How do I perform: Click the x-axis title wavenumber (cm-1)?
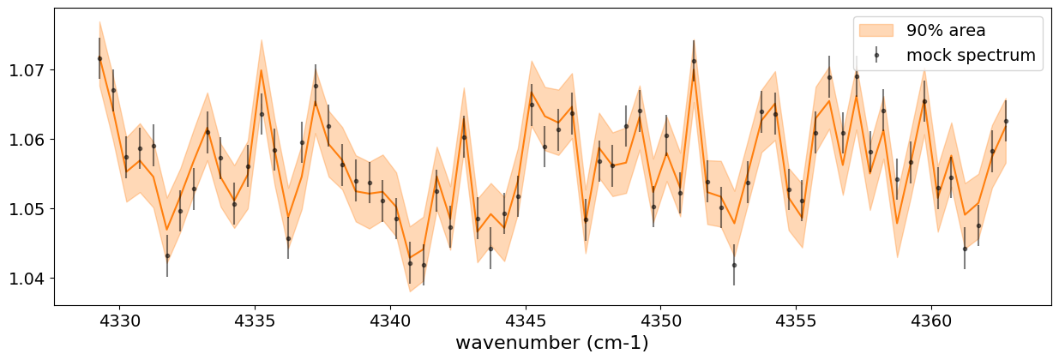pos(551,343)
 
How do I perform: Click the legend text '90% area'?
pos(946,31)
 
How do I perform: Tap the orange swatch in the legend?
pos(875,31)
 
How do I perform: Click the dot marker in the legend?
pos(875,55)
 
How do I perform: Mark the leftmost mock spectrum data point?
pos(99,58)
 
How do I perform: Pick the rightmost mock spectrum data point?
pos(1006,121)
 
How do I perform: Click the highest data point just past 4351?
pos(694,61)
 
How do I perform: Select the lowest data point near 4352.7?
pos(734,265)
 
